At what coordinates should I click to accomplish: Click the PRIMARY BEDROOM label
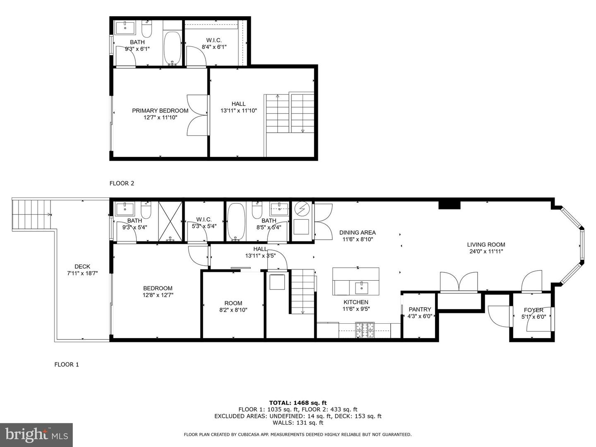(160, 111)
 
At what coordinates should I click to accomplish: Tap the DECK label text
(82, 267)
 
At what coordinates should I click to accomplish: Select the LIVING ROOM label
(486, 245)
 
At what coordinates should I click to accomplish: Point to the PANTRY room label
(420, 309)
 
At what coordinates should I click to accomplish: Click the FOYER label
(534, 310)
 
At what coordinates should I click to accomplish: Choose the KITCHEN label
(356, 302)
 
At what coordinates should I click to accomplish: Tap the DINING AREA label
(357, 233)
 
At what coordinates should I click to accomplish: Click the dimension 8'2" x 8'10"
(233, 310)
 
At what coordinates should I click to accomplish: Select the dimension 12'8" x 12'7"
(158, 295)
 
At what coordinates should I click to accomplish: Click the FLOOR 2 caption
(122, 183)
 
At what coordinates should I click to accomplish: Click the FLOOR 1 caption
(67, 365)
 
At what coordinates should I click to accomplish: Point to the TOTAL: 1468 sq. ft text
(298, 402)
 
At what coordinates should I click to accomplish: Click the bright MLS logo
(36, 435)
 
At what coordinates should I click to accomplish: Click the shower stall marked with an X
(170, 221)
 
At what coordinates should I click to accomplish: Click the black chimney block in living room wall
(449, 204)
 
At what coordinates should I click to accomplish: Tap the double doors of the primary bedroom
(197, 115)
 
